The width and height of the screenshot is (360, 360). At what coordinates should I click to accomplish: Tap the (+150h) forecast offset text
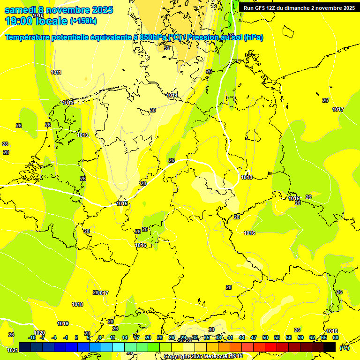tap(83, 21)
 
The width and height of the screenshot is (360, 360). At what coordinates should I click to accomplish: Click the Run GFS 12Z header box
tap(299, 7)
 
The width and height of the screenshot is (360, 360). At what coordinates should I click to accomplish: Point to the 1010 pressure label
tap(38, 16)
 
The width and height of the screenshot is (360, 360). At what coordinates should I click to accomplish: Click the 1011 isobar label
tap(56, 72)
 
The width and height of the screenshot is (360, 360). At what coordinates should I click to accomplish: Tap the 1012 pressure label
tap(68, 103)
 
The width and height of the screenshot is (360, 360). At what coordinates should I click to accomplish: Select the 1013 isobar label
tap(82, 135)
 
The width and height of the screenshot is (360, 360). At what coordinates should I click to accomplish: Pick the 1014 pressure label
tap(172, 95)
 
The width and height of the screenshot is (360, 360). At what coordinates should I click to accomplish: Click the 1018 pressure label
tap(77, 304)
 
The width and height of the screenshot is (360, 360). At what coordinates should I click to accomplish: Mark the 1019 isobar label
tap(63, 323)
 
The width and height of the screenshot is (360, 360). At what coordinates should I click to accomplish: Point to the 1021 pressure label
tap(13, 350)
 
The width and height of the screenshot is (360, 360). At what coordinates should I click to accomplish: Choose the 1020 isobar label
tap(40, 333)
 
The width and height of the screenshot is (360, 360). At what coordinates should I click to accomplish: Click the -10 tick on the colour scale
tap(32, 337)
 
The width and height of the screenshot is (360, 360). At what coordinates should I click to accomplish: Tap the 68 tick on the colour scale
tap(336, 337)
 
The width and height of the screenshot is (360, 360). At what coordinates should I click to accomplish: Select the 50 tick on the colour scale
tap(265, 337)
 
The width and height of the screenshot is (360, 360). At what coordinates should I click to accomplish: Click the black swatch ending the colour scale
tap(330, 346)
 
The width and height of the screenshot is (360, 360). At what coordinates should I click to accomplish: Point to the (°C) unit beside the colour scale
tap(345, 347)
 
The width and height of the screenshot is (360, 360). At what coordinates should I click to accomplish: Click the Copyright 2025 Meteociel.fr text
tap(203, 357)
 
